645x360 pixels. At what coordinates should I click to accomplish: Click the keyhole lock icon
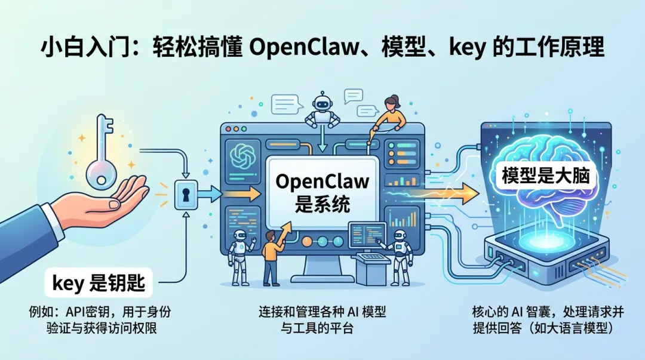click(x=186, y=195)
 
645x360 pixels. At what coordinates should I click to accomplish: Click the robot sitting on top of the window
click(x=322, y=112)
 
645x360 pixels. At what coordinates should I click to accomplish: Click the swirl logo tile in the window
click(x=242, y=154)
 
